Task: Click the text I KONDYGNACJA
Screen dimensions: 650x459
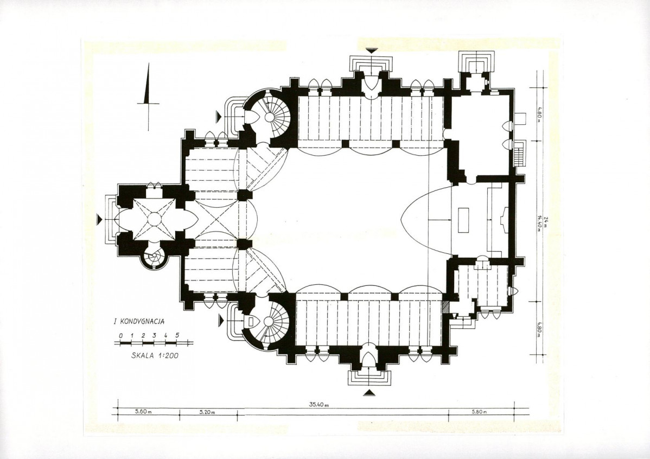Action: tap(139, 321)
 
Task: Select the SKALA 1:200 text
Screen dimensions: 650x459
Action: tap(155, 355)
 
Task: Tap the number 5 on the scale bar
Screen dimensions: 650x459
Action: tap(177, 335)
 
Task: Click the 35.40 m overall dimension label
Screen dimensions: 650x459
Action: tap(318, 405)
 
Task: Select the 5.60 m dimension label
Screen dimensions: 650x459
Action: tap(144, 412)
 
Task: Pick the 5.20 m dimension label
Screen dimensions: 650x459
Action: tap(207, 412)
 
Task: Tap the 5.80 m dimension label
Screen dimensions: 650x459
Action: tap(479, 412)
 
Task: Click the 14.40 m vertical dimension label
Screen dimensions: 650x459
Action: tap(539, 224)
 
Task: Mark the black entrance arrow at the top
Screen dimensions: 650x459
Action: tap(372, 50)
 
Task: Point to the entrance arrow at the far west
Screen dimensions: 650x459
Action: tap(99, 219)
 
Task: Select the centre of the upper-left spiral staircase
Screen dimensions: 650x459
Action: tap(269, 117)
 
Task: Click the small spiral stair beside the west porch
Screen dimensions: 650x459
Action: tap(154, 259)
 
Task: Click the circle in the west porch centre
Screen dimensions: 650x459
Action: tap(154, 219)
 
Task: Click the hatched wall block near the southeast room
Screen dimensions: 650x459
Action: tap(446, 308)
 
